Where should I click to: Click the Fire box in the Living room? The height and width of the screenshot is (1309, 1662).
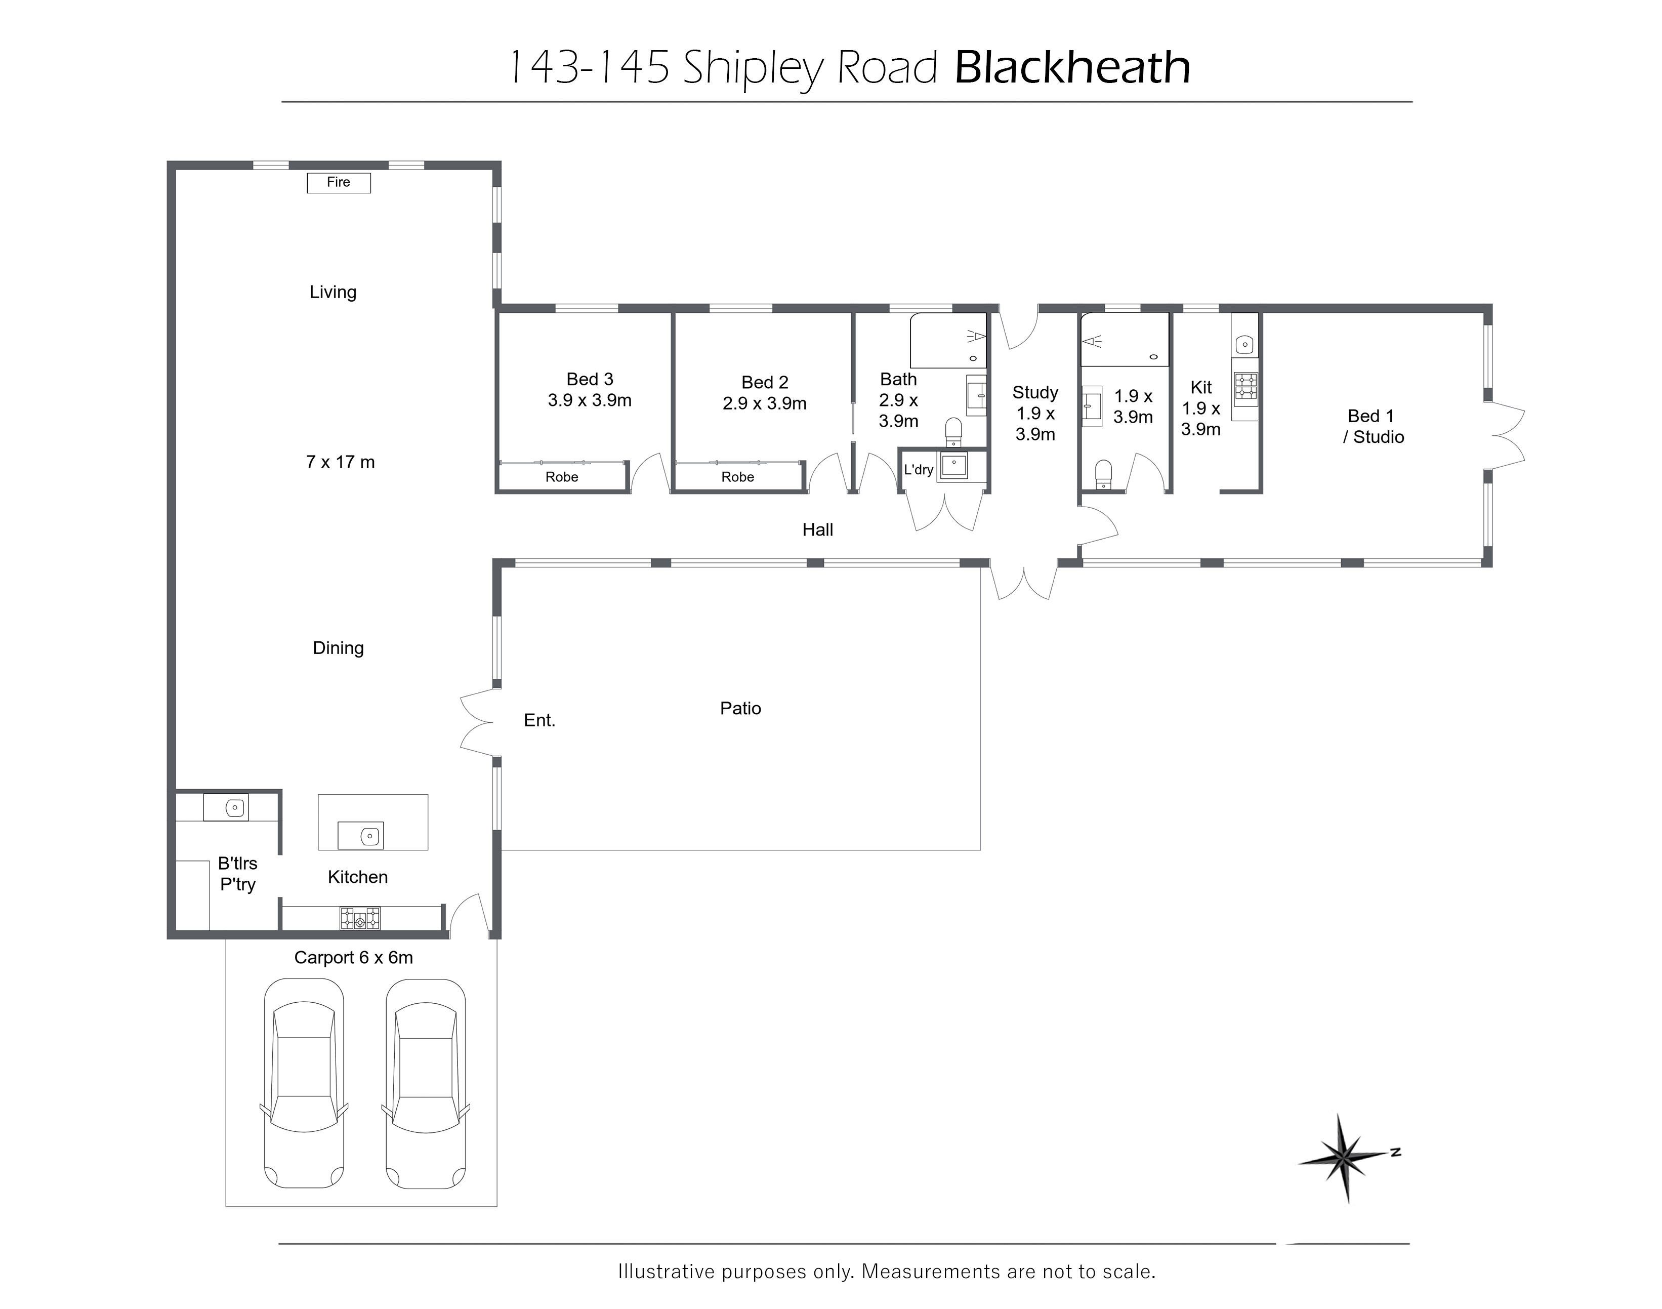[x=339, y=182]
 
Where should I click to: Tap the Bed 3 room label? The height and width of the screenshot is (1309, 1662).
[x=590, y=379]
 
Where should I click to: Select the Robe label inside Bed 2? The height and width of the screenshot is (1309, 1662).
[x=738, y=477]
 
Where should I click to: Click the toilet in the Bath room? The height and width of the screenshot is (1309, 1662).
[x=953, y=432]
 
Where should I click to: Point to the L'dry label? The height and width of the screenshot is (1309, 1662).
[x=919, y=469]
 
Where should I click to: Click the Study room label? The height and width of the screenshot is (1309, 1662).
[x=1035, y=392]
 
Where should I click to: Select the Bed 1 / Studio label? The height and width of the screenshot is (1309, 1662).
[x=1373, y=426]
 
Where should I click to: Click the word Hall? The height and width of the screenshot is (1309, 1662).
[x=818, y=529]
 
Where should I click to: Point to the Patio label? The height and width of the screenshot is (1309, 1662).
[x=740, y=708]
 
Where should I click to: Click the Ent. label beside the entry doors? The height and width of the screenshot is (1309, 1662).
[x=539, y=720]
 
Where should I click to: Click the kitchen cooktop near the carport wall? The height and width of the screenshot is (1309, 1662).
[x=360, y=918]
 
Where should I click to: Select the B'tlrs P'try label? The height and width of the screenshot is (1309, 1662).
[x=237, y=874]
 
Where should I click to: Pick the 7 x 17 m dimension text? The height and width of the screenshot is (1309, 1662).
[x=340, y=462]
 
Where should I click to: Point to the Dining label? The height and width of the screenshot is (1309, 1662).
[x=338, y=648]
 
